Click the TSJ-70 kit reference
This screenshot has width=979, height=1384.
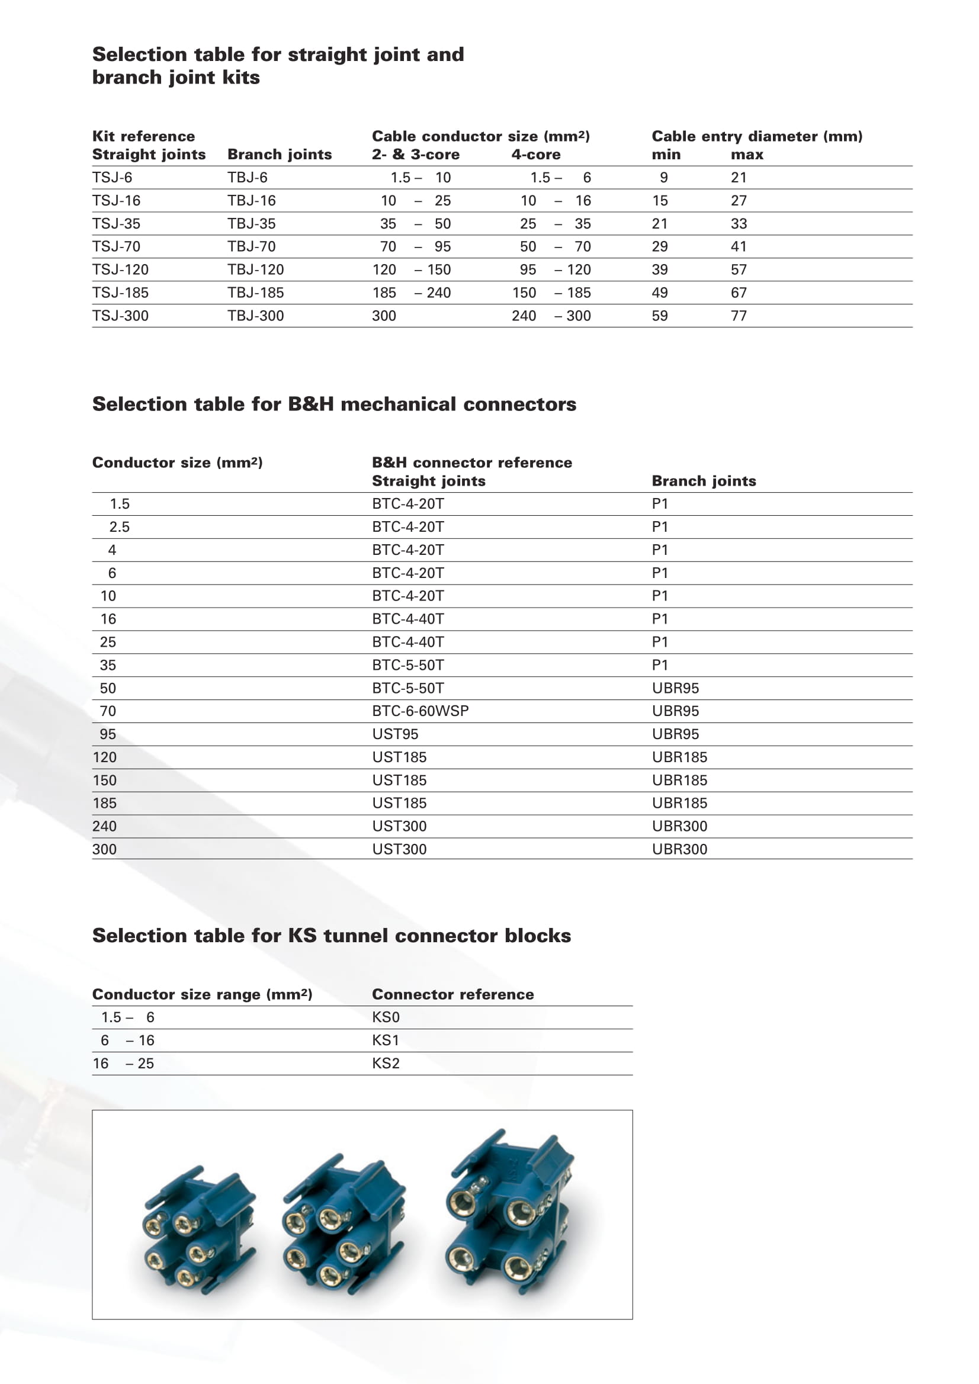coord(116,246)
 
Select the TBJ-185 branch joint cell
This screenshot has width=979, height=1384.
coord(255,293)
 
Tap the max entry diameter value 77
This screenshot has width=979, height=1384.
coord(739,316)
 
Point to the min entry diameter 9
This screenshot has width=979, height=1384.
coord(663,178)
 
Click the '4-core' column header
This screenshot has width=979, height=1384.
coord(535,155)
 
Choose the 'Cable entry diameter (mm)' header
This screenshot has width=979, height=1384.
coord(756,136)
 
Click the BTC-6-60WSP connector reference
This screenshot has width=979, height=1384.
coord(420,711)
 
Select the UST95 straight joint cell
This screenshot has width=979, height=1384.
coord(395,734)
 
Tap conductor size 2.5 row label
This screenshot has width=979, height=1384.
coord(120,528)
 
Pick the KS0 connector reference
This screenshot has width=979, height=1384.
coord(386,1017)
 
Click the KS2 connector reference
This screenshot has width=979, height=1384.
coord(386,1064)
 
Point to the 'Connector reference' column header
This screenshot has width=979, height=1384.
coord(452,994)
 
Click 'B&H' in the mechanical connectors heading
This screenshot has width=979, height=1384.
coord(310,404)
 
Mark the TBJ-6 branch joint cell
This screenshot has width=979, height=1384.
coord(247,178)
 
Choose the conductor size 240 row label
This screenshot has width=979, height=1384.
coord(104,826)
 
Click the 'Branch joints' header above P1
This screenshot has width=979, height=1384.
coord(704,481)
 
